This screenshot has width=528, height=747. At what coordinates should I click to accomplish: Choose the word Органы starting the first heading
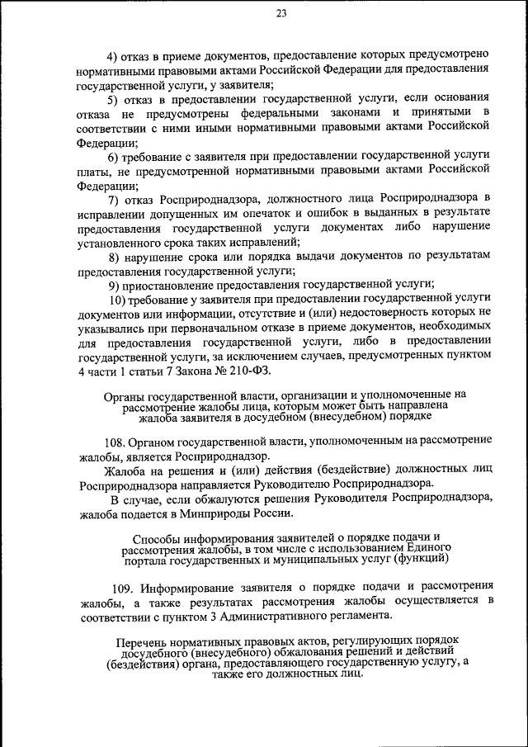(x=125, y=395)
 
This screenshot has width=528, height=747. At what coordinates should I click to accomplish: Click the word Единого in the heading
(x=429, y=547)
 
